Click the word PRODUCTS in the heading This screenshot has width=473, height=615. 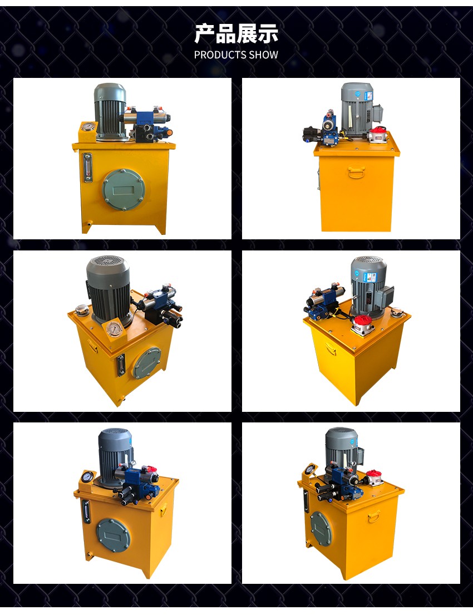(221, 55)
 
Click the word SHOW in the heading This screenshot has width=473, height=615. (265, 55)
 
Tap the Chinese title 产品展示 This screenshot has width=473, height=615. (236, 33)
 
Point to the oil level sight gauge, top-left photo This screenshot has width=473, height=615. (87, 167)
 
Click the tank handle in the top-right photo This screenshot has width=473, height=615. (356, 171)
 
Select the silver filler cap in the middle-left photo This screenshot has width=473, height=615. (82, 309)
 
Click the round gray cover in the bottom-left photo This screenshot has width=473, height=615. (114, 535)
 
